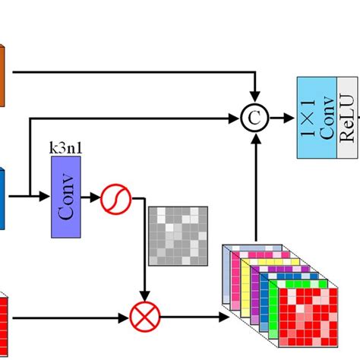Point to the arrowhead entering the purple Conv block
[x=47, y=199]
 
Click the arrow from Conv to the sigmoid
[x=95, y=199]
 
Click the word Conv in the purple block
[x=67, y=200]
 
